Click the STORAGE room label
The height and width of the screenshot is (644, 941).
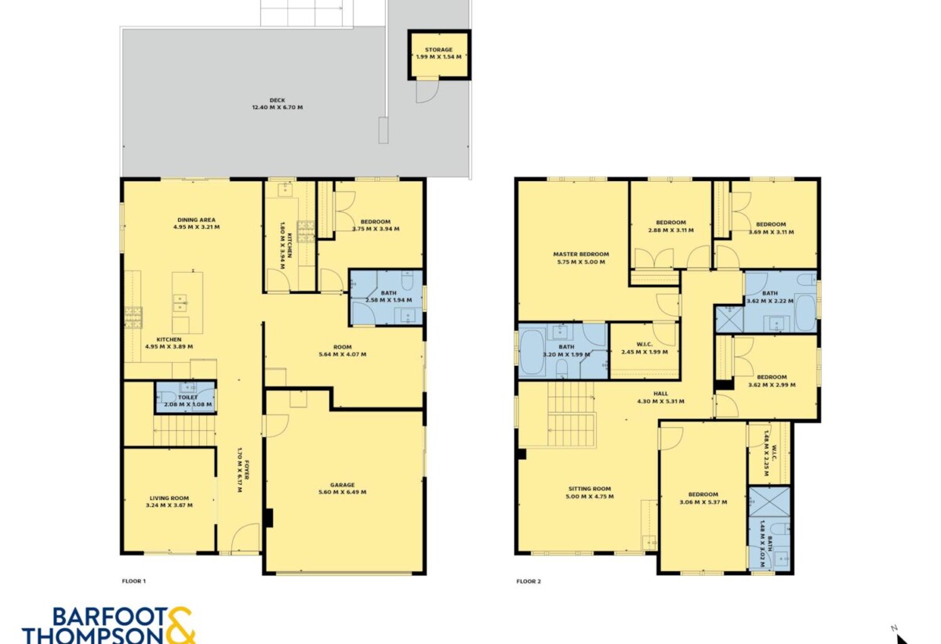[x=438, y=49]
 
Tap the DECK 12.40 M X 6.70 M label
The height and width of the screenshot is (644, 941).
[x=278, y=103]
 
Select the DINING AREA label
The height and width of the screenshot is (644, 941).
[x=196, y=219]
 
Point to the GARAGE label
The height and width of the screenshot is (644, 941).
[x=343, y=485]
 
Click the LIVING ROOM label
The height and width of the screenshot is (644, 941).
[x=169, y=498]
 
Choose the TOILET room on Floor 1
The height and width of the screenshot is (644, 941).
[x=185, y=397]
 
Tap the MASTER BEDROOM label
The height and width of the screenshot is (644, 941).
[x=581, y=254]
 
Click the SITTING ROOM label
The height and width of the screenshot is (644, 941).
[x=590, y=489]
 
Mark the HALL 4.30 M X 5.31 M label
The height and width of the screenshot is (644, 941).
[x=661, y=397]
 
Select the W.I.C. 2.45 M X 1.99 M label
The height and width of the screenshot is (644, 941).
[x=645, y=348]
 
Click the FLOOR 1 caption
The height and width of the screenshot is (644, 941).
[x=133, y=581]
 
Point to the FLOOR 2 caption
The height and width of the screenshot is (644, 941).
[x=529, y=581]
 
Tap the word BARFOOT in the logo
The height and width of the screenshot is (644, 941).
[x=110, y=617]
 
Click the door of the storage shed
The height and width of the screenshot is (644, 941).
[x=427, y=92]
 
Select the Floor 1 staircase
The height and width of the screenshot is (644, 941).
[x=184, y=430]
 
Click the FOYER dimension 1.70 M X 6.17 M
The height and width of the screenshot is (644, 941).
[x=240, y=469]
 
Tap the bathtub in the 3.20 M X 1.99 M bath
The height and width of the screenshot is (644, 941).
[x=532, y=352]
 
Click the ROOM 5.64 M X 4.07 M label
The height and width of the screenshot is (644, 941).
[x=343, y=350]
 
